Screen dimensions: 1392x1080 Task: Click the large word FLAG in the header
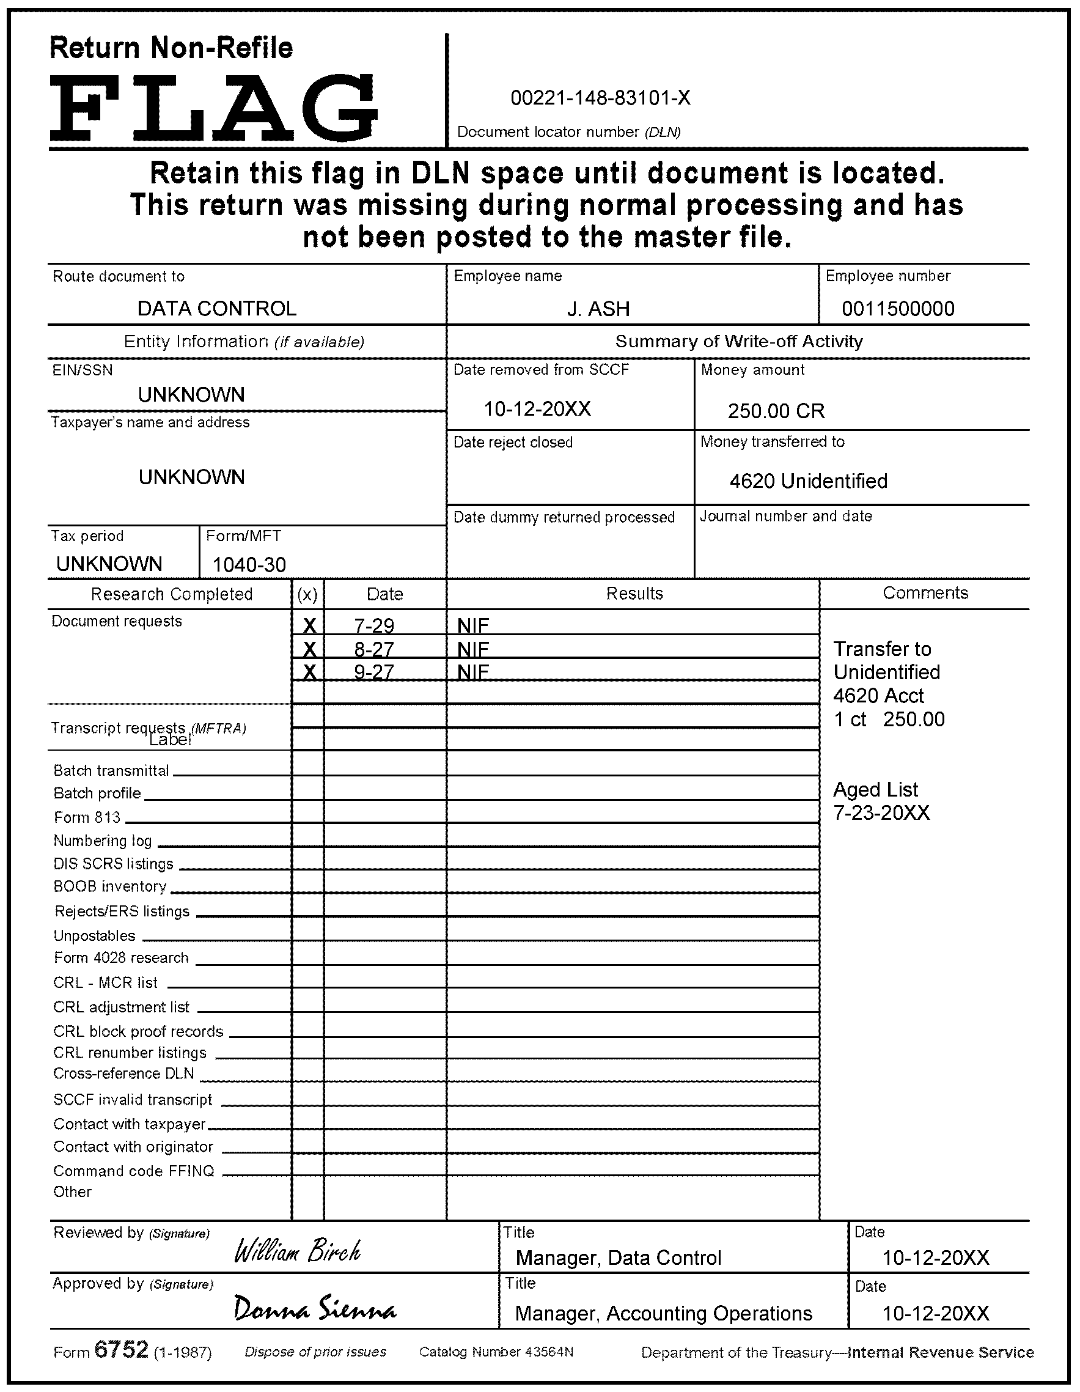(x=214, y=108)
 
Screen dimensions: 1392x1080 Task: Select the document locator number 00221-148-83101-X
(x=600, y=98)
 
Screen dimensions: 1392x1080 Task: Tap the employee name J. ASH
(x=598, y=309)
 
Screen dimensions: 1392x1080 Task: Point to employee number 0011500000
(x=898, y=309)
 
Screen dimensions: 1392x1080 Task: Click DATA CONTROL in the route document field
(x=217, y=309)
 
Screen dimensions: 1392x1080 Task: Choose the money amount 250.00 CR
(x=776, y=411)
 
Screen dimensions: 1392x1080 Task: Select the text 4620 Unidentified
(x=808, y=481)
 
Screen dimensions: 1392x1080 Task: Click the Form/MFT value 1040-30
(x=249, y=565)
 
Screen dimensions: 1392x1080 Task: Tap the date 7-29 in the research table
(x=374, y=626)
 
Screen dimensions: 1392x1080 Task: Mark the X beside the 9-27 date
(x=309, y=672)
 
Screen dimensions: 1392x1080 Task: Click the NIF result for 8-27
(x=473, y=649)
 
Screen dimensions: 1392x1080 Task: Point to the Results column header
(x=634, y=594)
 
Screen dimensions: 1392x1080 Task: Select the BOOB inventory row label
(x=109, y=886)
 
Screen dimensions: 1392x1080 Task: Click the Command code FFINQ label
(x=134, y=1171)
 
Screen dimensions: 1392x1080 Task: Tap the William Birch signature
(x=298, y=1251)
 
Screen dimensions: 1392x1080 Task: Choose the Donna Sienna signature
(x=315, y=1308)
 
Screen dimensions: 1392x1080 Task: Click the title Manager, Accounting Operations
(x=663, y=1314)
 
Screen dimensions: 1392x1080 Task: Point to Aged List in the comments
(x=875, y=790)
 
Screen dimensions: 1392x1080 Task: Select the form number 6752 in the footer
(x=121, y=1349)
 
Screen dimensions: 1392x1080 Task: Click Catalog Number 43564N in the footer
(x=496, y=1352)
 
